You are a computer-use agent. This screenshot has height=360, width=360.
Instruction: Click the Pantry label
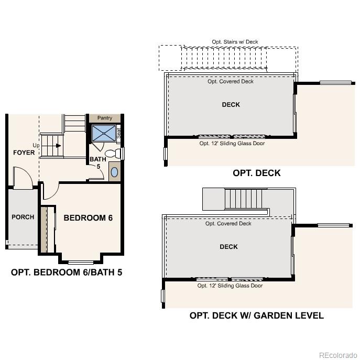(105, 118)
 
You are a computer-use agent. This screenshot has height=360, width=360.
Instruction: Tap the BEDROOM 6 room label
(88, 217)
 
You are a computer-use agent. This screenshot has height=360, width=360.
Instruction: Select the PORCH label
(23, 217)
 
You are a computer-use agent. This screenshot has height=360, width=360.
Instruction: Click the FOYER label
(24, 152)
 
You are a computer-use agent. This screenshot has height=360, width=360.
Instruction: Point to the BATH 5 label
(97, 162)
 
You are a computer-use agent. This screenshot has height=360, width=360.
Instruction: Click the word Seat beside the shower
(119, 134)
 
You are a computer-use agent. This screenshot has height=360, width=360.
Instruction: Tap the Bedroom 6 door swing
(49, 192)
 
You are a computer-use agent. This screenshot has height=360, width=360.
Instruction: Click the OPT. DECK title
(256, 173)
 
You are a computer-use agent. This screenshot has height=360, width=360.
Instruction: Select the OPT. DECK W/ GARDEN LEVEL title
(256, 315)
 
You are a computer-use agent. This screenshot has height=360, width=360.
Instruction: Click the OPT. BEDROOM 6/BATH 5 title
(67, 272)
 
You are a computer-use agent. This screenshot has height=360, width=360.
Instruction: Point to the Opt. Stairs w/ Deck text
(235, 42)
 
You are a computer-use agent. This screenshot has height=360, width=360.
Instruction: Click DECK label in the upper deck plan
(231, 105)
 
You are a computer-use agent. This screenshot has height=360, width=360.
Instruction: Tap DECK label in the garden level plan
(228, 247)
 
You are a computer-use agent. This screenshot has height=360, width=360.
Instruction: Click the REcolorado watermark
(337, 354)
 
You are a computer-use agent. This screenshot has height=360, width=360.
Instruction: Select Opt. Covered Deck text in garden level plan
(228, 224)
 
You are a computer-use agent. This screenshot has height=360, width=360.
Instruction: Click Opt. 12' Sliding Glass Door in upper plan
(232, 143)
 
